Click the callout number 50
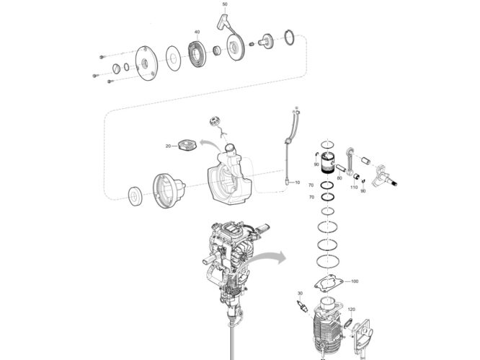[224, 4]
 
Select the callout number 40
[196, 32]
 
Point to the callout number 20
[167, 146]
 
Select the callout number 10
[297, 184]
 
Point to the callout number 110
[354, 188]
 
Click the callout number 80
[339, 178]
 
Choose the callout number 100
[353, 281]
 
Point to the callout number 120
[351, 309]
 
